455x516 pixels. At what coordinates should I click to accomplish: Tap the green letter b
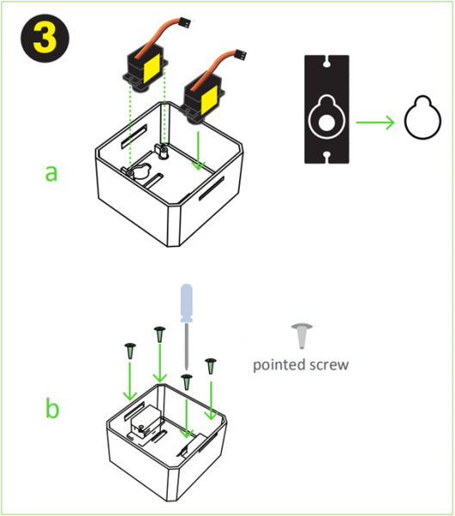(x=52, y=408)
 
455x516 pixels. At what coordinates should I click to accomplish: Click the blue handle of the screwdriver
(x=187, y=304)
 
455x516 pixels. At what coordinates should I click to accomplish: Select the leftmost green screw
(x=130, y=350)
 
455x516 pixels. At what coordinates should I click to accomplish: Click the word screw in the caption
(x=329, y=364)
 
